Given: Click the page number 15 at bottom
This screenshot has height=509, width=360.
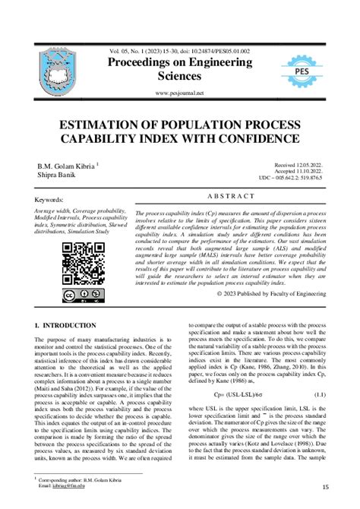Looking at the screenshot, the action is click(325, 487).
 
